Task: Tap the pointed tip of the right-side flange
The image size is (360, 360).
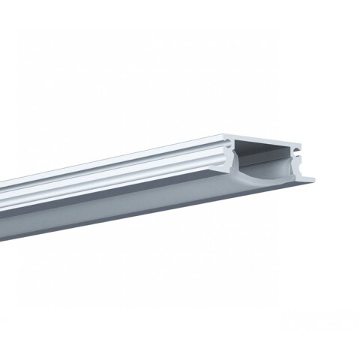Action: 315,178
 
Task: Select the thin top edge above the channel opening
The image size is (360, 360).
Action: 270,135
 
